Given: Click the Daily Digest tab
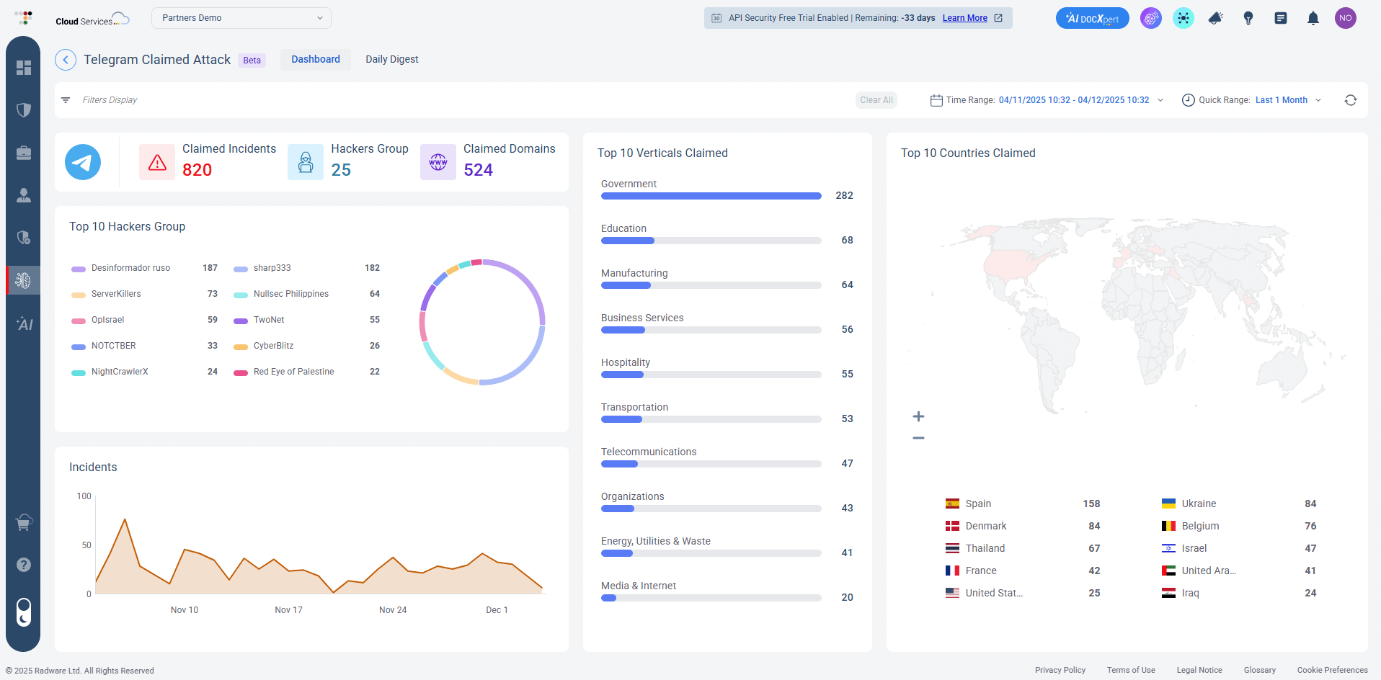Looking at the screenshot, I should click(x=391, y=59).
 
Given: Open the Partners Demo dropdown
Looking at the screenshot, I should click(x=241, y=18).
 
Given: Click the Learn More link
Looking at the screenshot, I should click(x=964, y=18).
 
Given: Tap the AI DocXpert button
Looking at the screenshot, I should click(x=1092, y=19).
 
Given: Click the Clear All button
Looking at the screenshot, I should click(x=876, y=100).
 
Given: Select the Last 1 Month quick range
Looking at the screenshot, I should click(x=1281, y=100).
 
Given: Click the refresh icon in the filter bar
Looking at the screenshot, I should click(x=1350, y=100).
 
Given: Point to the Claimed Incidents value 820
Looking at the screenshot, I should click(x=197, y=170).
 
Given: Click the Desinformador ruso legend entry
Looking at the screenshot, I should click(x=130, y=268).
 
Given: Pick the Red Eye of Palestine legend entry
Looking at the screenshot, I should click(x=293, y=372).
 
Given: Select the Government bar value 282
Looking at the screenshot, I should click(x=844, y=195).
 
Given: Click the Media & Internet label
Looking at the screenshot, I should click(x=638, y=586).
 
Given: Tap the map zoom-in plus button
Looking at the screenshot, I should click(x=918, y=416).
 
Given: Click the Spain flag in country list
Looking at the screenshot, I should click(x=952, y=504).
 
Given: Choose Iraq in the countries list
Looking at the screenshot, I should click(x=1190, y=593).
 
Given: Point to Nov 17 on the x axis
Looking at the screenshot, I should click(x=288, y=610).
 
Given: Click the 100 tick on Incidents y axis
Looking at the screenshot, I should click(x=84, y=496).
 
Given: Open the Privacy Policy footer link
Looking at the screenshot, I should click(x=1060, y=670).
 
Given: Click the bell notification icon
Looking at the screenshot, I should click(x=1313, y=19).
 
